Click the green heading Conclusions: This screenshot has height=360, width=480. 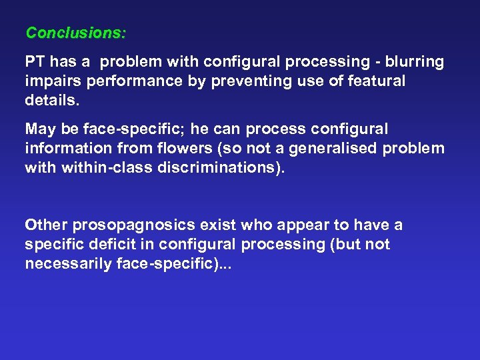pyautogui.click(x=76, y=32)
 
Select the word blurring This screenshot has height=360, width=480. pyautogui.click(x=415, y=62)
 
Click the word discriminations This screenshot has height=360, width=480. pyautogui.click(x=219, y=167)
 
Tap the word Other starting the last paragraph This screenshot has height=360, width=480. pyautogui.click(x=45, y=225)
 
